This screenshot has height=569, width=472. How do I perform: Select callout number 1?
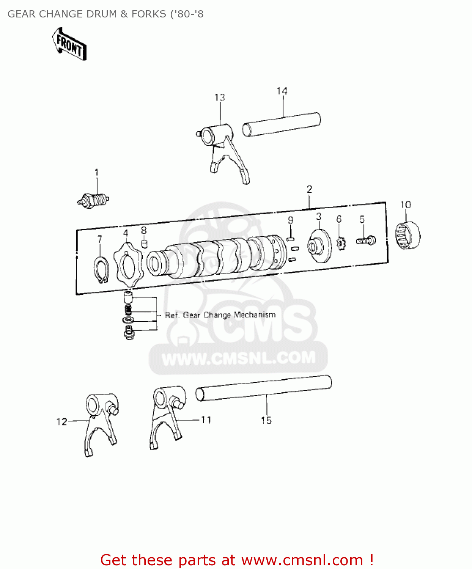(96, 173)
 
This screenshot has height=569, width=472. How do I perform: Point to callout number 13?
(220, 97)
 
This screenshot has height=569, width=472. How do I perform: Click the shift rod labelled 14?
(281, 123)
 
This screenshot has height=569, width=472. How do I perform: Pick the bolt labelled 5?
(366, 240)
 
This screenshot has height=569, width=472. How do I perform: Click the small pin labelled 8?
(144, 243)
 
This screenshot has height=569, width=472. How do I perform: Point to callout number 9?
(291, 220)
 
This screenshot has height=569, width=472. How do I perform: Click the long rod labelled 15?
(263, 387)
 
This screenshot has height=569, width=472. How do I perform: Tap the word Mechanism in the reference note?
(255, 315)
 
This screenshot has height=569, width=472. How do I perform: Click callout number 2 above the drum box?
(309, 189)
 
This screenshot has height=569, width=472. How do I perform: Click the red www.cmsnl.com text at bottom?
(302, 560)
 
